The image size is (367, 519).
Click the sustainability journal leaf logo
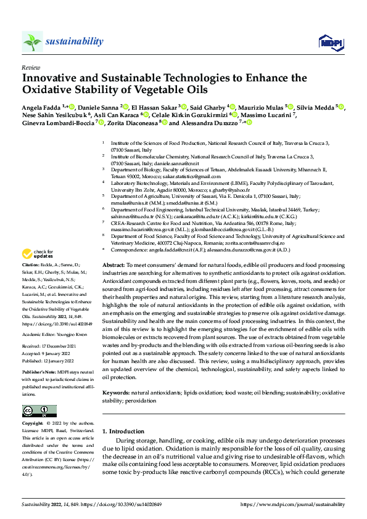point(32,41)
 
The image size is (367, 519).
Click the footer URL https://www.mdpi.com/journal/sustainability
point(295,504)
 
